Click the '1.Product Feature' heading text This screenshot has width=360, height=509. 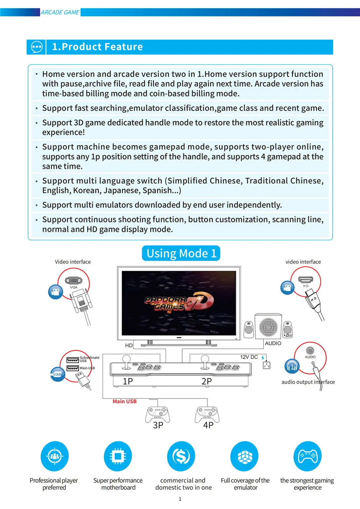[97, 47]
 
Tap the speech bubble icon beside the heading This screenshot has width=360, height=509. [37, 47]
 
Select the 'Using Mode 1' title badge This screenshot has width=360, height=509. [181, 253]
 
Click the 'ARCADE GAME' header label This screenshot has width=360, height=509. [60, 12]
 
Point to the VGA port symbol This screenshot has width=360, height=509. [73, 280]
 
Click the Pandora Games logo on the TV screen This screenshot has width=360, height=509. [179, 302]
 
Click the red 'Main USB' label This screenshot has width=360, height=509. [125, 401]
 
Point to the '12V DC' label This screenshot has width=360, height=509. [249, 357]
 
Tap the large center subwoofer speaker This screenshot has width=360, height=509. [268, 326]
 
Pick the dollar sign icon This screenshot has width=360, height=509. [181, 456]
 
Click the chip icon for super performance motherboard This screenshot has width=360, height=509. [118, 456]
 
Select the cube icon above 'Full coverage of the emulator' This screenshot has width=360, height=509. [244, 456]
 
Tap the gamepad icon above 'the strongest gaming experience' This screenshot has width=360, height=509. [307, 456]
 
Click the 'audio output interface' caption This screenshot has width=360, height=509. [308, 382]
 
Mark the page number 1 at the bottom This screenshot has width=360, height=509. [180, 499]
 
